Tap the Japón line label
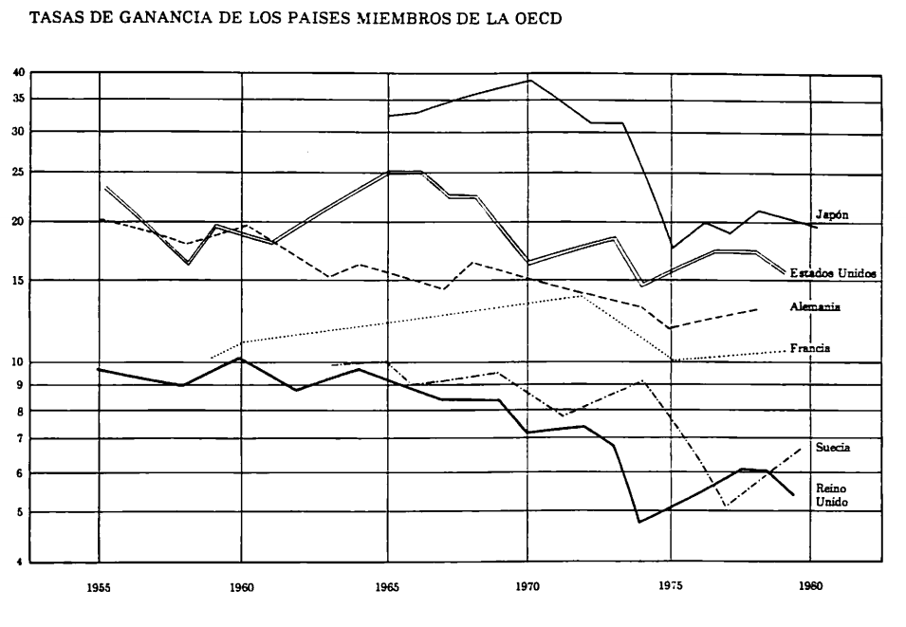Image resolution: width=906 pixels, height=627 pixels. pyautogui.click(x=831, y=215)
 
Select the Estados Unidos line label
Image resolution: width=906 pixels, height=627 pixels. pyautogui.click(x=833, y=272)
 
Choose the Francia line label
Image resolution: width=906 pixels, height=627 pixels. pyautogui.click(x=810, y=348)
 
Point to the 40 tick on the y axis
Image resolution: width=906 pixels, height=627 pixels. pyautogui.click(x=18, y=73)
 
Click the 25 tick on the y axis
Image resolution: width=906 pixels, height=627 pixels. pyautogui.click(x=18, y=172)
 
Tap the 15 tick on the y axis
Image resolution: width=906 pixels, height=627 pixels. pyautogui.click(x=18, y=280)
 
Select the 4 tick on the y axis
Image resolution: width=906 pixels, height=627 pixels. pyautogui.click(x=20, y=562)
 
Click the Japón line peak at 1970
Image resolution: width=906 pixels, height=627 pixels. pyautogui.click(x=529, y=80)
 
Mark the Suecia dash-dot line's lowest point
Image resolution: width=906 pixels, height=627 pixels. pyautogui.click(x=725, y=506)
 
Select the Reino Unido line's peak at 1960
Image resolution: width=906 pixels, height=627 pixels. pyautogui.click(x=241, y=358)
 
